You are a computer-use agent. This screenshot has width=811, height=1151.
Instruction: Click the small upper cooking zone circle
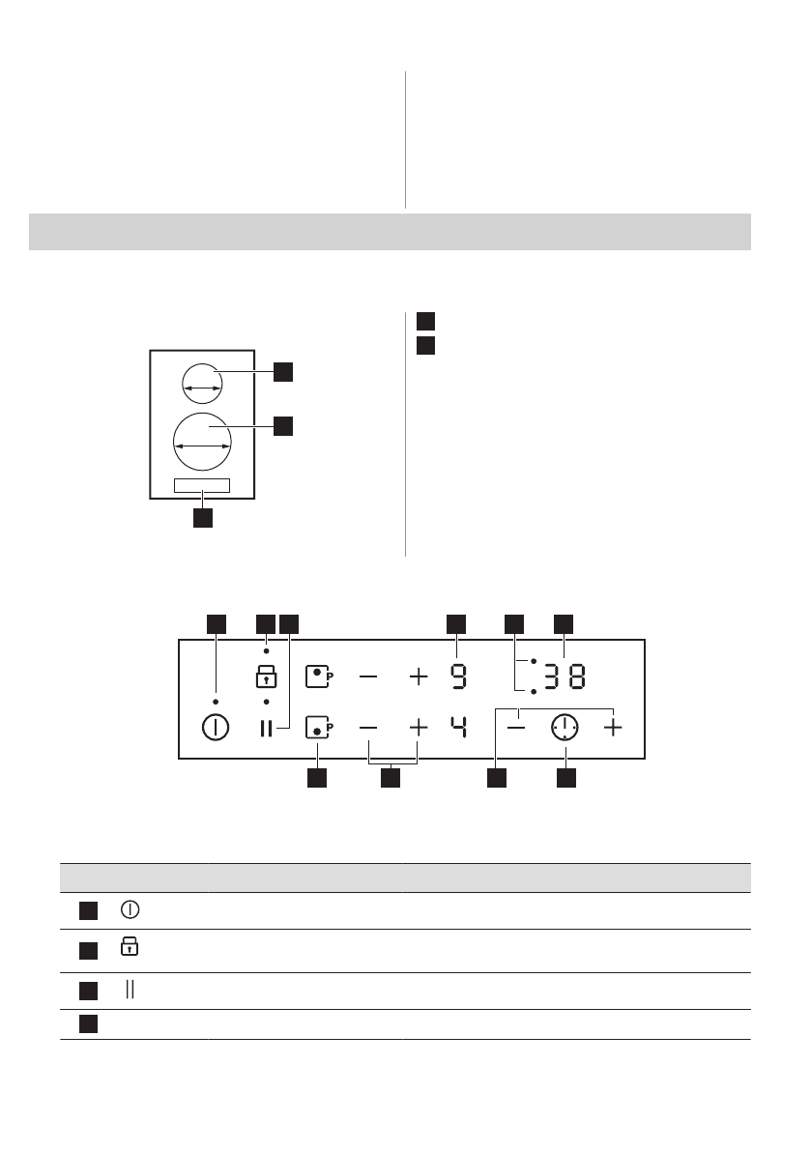coord(202,382)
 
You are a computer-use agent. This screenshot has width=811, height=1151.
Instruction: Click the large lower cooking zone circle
coord(202,441)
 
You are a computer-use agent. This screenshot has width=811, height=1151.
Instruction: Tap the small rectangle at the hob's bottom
coord(202,485)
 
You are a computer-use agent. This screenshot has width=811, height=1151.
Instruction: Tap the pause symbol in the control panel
coord(266,728)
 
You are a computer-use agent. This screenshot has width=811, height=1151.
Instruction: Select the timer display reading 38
coord(564,676)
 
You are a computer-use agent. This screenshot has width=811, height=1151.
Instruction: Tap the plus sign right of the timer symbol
coord(613,728)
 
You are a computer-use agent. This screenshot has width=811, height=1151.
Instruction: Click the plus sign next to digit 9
coord(418,676)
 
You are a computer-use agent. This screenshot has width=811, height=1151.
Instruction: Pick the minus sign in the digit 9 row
coord(369,676)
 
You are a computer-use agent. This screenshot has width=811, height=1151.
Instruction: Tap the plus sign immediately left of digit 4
coord(418,728)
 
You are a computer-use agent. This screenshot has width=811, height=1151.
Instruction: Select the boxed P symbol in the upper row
coord(318,676)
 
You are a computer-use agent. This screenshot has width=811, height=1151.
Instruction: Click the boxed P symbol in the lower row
coord(318,728)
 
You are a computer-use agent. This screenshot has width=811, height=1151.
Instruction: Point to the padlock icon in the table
coord(128,949)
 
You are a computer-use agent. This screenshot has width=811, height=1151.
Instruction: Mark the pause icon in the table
coord(128,991)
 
